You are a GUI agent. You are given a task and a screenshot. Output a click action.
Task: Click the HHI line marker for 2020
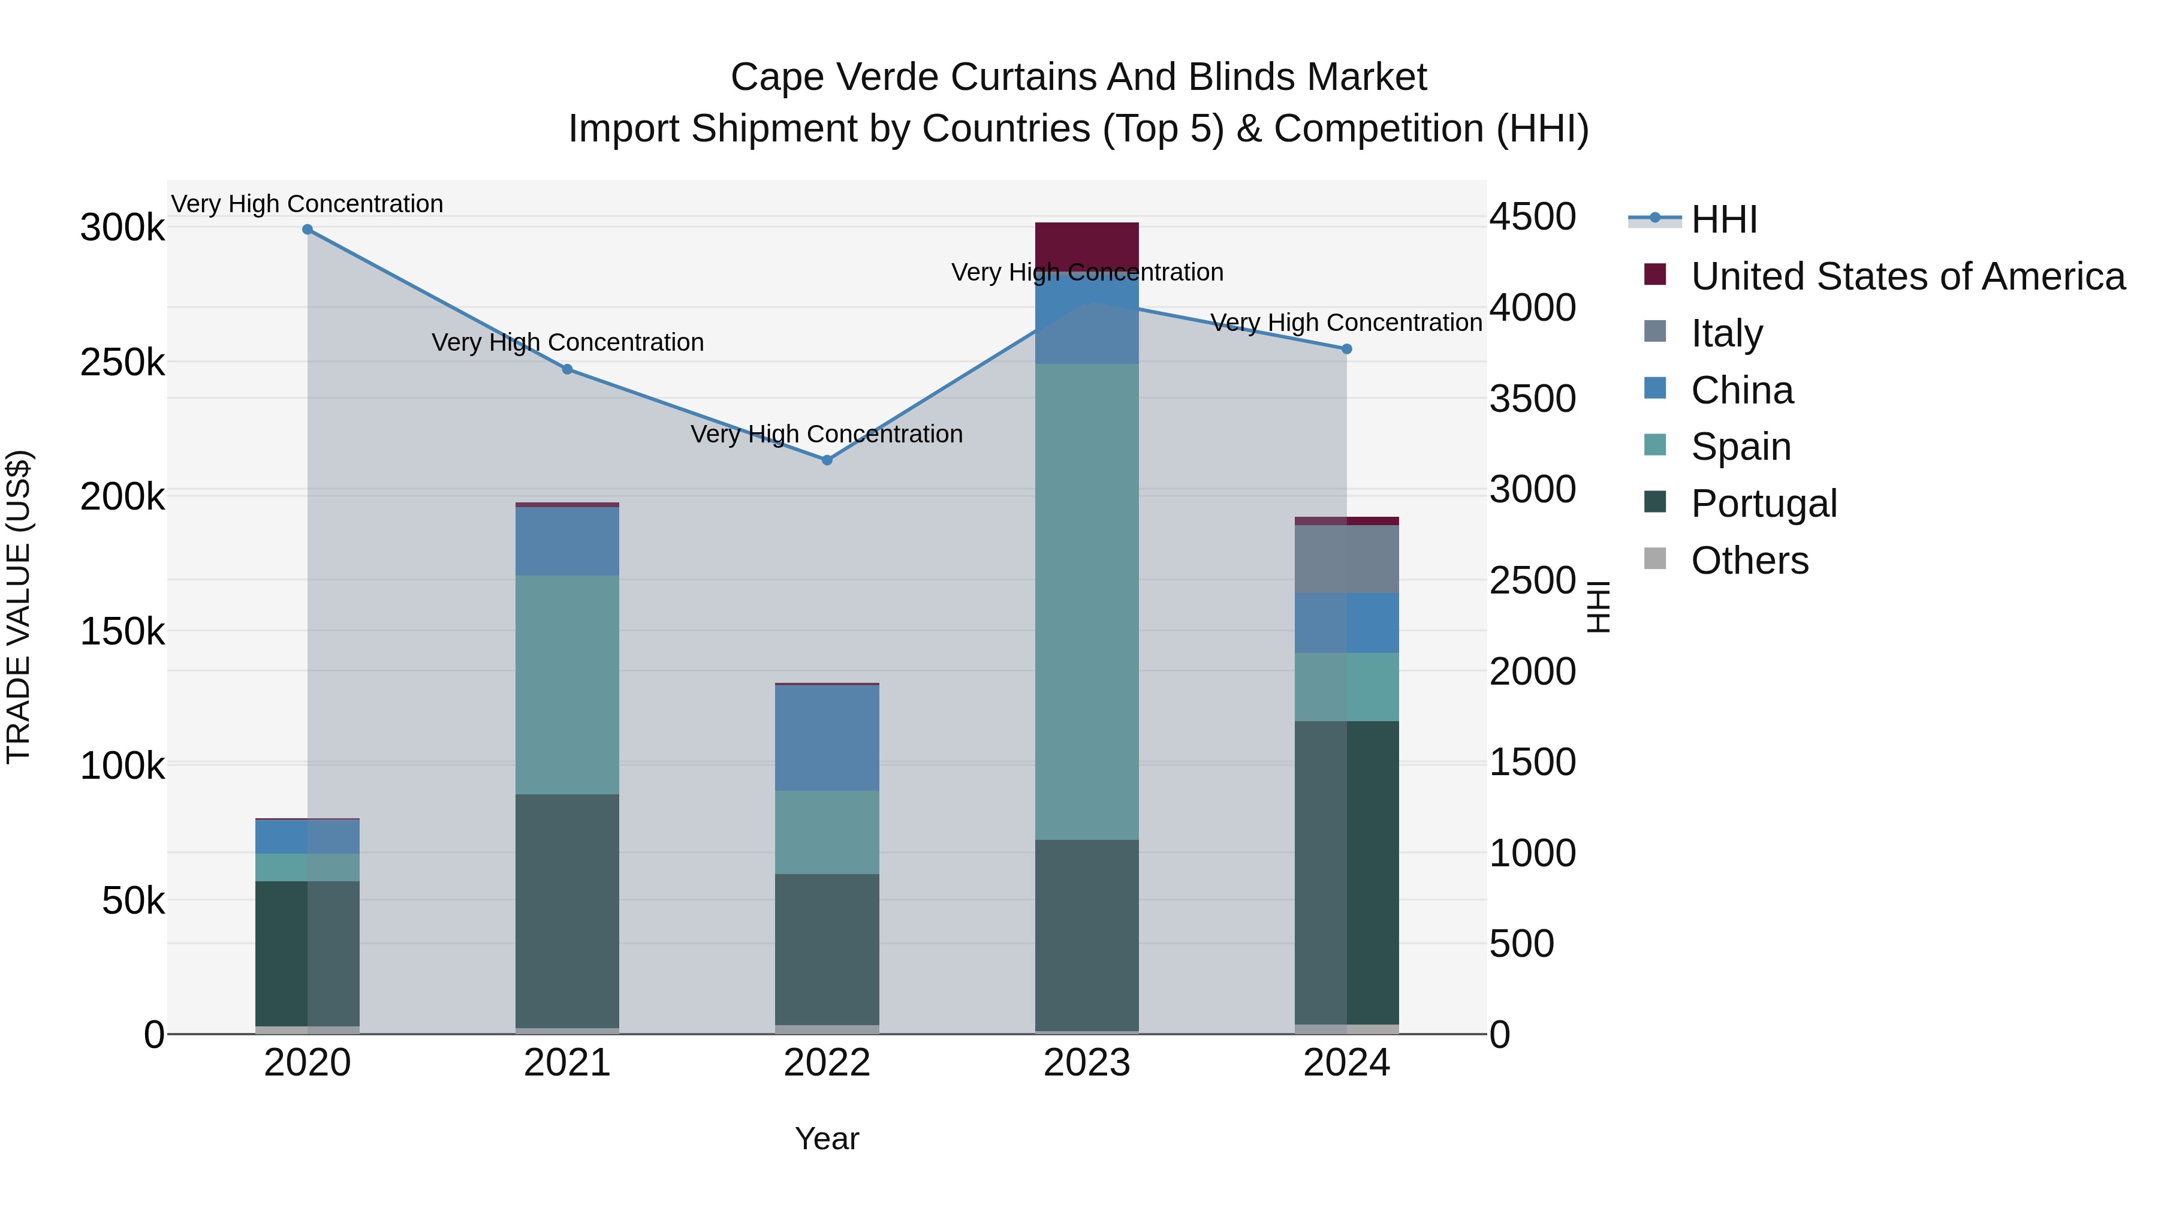308,230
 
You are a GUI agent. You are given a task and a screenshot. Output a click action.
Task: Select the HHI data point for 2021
567,369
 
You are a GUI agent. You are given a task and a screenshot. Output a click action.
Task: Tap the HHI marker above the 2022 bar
827,460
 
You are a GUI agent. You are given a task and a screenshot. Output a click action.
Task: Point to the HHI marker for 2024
1347,350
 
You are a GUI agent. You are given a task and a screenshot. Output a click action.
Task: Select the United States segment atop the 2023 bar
1087,243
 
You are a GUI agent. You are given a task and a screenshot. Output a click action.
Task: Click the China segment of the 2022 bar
827,738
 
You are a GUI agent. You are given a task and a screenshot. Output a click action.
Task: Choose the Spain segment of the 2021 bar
567,685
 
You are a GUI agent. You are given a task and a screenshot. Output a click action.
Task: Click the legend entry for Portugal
1764,504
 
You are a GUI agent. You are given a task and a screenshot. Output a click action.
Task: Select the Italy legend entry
1726,333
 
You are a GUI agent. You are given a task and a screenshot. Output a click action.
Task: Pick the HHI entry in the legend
1723,219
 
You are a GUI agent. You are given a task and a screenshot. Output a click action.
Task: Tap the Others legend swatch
1655,559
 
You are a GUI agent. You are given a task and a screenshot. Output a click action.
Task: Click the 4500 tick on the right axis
1532,217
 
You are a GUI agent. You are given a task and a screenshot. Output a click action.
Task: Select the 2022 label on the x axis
827,1063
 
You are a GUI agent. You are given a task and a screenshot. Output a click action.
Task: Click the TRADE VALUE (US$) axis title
19,607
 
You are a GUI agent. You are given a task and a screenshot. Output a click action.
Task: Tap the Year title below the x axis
827,1138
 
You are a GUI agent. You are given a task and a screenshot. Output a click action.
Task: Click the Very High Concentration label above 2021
567,343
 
